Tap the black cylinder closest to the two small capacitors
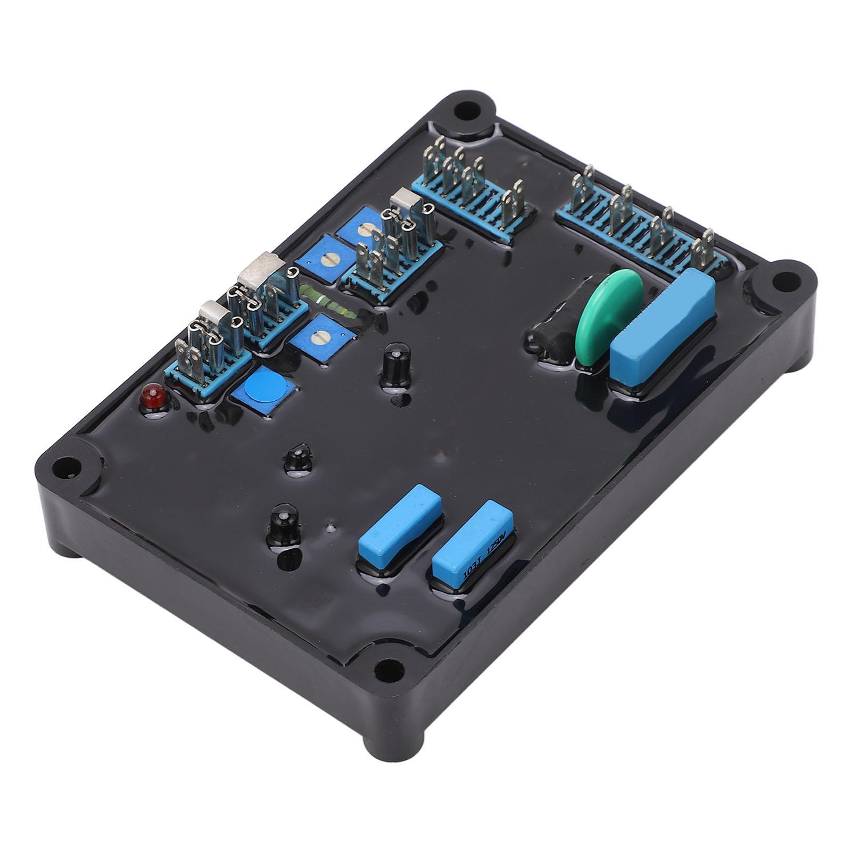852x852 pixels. click(x=282, y=521)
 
